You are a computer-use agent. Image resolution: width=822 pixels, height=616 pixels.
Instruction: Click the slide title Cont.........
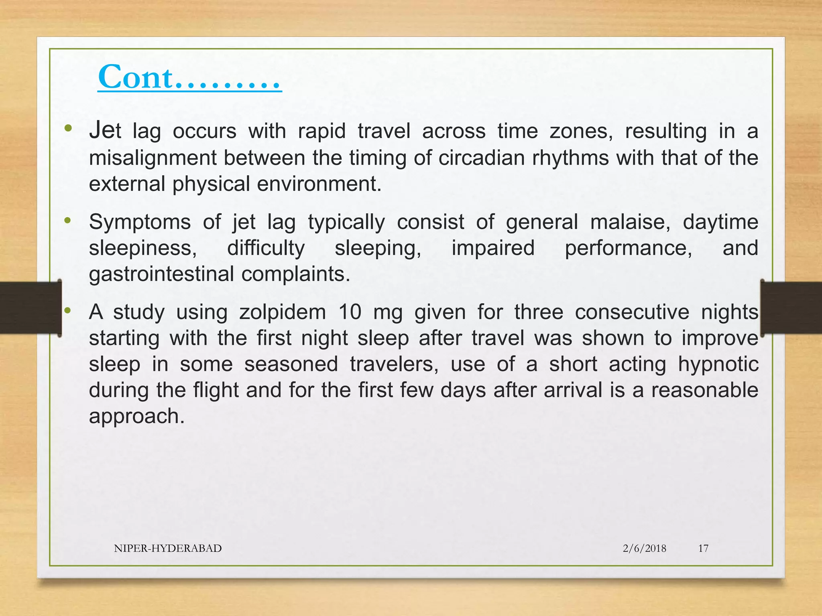tap(189, 77)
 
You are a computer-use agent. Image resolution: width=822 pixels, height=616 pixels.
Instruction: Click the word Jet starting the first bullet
tap(105, 131)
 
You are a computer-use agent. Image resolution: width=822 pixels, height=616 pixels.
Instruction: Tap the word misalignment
tap(153, 158)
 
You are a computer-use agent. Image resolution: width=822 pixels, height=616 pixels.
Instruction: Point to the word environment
tap(319, 184)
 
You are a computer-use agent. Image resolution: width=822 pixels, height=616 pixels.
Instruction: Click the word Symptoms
tap(140, 222)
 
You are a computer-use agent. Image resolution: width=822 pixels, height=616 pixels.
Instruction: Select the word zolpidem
tap(282, 312)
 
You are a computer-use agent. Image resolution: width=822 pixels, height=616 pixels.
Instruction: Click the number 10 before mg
tap(350, 312)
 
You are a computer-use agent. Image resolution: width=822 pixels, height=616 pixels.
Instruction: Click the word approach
tap(136, 416)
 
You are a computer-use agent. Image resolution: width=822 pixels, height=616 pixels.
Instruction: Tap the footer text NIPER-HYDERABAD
tap(168, 548)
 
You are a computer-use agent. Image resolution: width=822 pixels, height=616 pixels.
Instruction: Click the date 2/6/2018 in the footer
tap(644, 548)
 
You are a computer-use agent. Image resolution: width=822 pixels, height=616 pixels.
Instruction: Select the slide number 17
tap(703, 548)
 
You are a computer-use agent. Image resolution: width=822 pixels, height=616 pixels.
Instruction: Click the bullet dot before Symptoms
tap(67, 220)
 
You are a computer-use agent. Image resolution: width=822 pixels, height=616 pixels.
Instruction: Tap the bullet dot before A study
tap(67, 310)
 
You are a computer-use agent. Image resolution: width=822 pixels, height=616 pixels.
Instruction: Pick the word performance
tap(628, 248)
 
